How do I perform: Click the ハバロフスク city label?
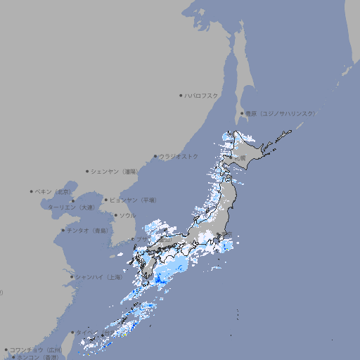click(202, 95)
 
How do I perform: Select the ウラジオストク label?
click(179, 156)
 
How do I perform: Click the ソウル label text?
click(127, 215)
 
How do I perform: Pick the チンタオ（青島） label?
click(88, 230)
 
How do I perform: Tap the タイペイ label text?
click(83, 332)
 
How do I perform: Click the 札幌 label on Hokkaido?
click(240, 158)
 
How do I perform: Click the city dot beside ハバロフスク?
click(181, 95)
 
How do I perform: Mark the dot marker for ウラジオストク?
click(155, 156)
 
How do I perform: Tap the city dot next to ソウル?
click(115, 215)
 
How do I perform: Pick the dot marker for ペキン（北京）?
click(32, 191)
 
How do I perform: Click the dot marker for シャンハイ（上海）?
click(72, 277)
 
